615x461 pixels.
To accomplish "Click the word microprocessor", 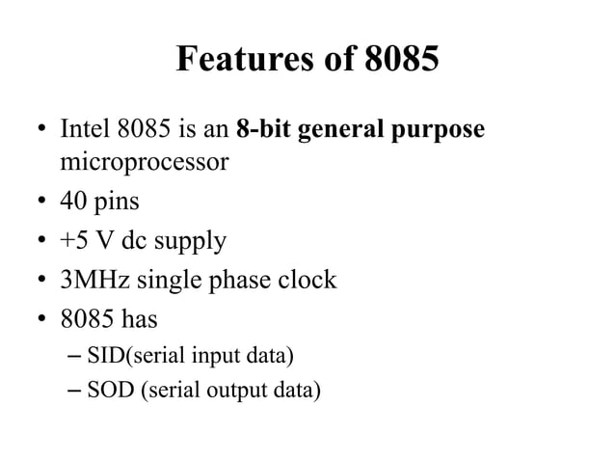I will pos(145,161).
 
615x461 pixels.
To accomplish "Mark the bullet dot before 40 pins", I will pos(40,204).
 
